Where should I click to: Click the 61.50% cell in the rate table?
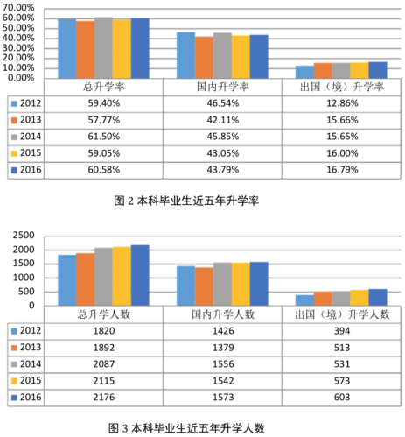[104, 137]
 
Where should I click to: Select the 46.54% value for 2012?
[223, 103]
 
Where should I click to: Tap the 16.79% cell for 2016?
[342, 170]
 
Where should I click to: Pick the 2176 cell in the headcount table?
[104, 397]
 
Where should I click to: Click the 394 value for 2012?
[342, 331]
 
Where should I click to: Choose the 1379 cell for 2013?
[223, 348]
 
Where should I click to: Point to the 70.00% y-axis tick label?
[18, 8]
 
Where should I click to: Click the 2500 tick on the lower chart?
[24, 236]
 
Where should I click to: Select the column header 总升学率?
[104, 87]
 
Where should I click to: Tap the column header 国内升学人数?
[223, 314]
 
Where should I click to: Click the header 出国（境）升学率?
[342, 87]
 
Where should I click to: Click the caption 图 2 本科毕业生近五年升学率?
[186, 201]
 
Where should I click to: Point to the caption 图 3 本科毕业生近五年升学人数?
[186, 428]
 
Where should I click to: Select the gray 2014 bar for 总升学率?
[103, 48]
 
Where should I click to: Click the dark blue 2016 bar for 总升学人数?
[140, 275]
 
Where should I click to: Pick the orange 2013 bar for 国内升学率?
[204, 58]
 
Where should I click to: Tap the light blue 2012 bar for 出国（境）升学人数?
[304, 300]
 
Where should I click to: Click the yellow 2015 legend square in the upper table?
[14, 153]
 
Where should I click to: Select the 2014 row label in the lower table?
[31, 364]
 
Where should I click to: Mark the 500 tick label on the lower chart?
[26, 292]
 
